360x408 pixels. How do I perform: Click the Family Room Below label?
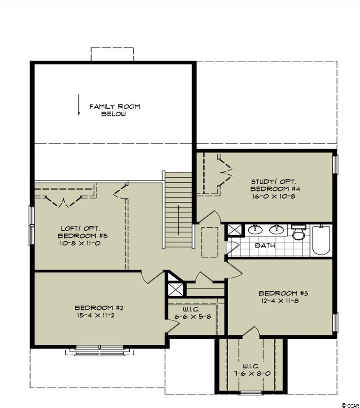click(x=114, y=110)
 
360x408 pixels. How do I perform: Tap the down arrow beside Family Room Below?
click(x=78, y=105)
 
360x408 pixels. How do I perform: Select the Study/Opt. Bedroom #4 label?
click(x=273, y=185)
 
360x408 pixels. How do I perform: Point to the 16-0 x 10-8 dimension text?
click(x=273, y=196)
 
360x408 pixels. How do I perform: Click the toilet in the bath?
click(x=297, y=232)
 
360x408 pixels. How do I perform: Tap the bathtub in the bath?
click(x=322, y=240)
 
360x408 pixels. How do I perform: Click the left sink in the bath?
click(x=255, y=229)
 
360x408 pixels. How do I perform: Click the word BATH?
click(x=265, y=245)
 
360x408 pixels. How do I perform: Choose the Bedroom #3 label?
click(x=283, y=293)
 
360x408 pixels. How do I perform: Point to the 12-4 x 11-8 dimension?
click(x=280, y=301)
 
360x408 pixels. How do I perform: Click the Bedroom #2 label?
click(x=99, y=308)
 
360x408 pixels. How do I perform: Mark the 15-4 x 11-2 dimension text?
click(x=96, y=315)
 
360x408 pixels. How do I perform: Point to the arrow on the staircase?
click(x=179, y=220)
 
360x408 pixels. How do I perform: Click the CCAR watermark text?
click(x=352, y=405)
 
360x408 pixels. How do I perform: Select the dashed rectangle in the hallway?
click(x=210, y=242)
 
